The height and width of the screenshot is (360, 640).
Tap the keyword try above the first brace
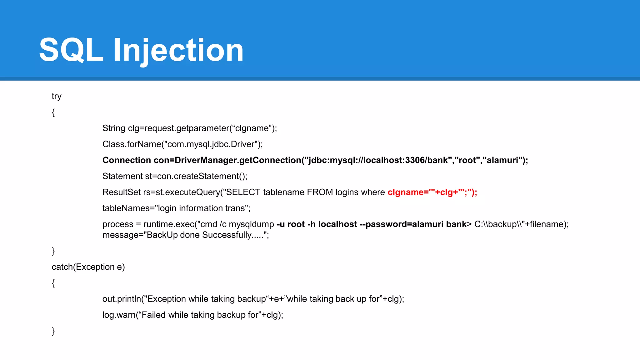57,96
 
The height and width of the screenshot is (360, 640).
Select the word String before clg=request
114,128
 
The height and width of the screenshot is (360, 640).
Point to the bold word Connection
127,160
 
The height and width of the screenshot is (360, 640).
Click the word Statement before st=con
122,176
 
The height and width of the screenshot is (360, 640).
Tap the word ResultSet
121,192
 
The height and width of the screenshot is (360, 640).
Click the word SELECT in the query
243,192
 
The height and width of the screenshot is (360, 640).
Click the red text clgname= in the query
408,192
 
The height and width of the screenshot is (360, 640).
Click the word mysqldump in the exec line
251,224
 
